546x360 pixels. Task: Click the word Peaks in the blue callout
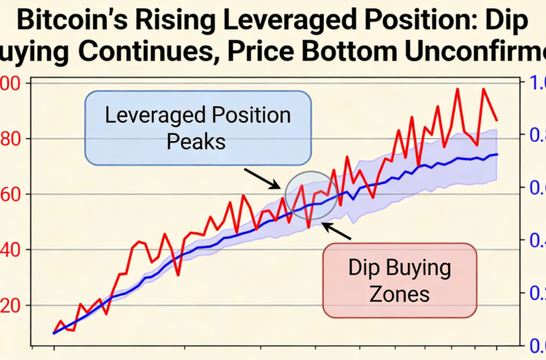pos(198,142)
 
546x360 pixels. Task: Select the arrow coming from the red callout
pos(337,230)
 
